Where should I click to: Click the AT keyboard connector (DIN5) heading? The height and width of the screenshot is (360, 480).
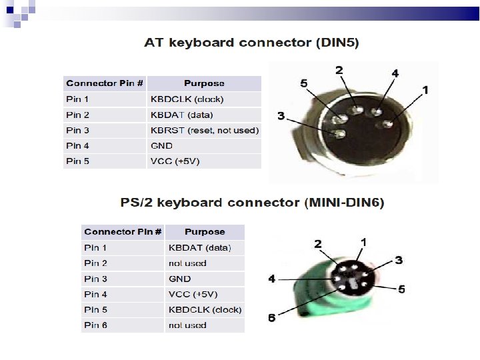[251, 43]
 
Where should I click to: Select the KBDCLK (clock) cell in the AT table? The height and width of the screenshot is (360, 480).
[187, 99]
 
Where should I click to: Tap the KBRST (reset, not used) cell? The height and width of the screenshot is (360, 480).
[205, 130]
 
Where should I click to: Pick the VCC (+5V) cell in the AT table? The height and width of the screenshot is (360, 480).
[175, 161]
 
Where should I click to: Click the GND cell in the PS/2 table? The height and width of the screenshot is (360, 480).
[179, 279]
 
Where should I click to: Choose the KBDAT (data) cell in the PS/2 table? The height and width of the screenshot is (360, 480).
[199, 248]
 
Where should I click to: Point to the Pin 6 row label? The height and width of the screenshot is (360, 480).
[95, 325]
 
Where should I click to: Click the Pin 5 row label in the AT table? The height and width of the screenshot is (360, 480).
[77, 161]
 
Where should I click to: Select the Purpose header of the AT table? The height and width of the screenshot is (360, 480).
[204, 83]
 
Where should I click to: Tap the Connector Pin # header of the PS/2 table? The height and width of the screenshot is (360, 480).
[123, 232]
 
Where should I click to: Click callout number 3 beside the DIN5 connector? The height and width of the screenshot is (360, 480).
[281, 116]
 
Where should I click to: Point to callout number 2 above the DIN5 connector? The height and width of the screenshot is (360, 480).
[339, 70]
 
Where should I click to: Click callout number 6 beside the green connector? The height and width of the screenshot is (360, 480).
[272, 317]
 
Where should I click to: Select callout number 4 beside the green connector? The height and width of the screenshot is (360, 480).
[272, 279]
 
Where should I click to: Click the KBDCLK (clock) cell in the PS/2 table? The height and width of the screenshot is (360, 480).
[205, 310]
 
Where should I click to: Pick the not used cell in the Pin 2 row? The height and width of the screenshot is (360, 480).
[187, 263]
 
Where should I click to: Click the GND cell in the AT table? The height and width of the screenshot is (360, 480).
[162, 145]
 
